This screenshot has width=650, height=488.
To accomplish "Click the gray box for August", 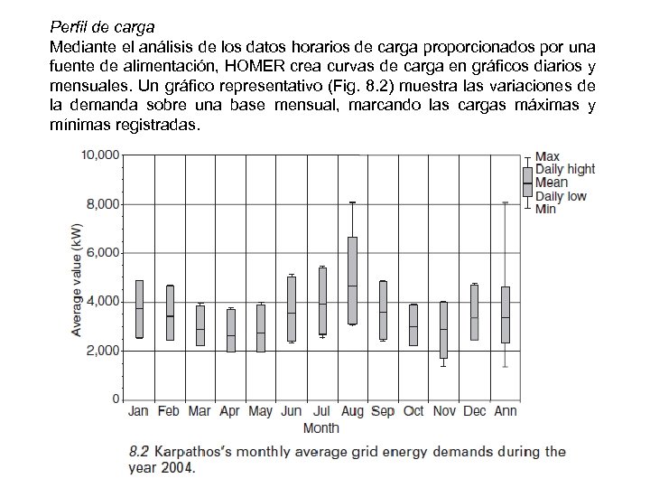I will [352, 280].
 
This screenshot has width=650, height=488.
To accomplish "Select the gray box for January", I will [139, 309].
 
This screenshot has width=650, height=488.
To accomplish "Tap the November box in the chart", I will [442, 330].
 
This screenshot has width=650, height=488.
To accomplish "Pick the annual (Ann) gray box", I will [506, 314].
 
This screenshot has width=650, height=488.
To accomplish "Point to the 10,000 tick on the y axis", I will [100, 155].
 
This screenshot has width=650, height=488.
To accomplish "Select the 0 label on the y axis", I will [114, 399].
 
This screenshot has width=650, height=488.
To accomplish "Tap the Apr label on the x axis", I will [230, 412].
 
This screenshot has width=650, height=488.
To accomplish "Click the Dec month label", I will [474, 412].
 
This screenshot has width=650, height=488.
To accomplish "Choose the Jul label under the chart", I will [322, 412].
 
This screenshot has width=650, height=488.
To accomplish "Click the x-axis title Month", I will [320, 427].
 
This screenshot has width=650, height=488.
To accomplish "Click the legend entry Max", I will [547, 156].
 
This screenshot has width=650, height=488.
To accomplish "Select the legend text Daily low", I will [561, 195].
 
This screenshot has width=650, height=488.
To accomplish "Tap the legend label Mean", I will [552, 182].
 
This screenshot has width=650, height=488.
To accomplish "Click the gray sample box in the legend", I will [527, 182].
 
